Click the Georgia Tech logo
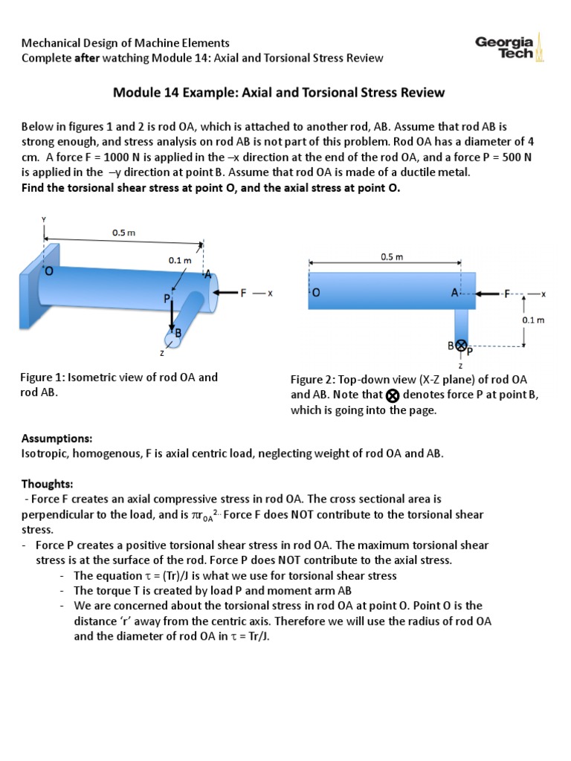click(510, 50)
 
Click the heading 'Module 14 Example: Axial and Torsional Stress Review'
click(279, 93)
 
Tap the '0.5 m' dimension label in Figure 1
click(123, 233)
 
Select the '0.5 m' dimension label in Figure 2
click(391, 257)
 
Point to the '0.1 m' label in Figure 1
click(180, 261)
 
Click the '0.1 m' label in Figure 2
click(535, 320)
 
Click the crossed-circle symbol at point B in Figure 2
click(460, 345)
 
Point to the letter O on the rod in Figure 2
click(316, 294)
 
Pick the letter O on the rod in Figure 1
click(49, 272)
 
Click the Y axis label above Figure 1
click(44, 219)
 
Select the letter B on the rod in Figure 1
click(178, 334)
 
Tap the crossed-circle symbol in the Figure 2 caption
click(393, 395)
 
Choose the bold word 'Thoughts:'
click(47, 483)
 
